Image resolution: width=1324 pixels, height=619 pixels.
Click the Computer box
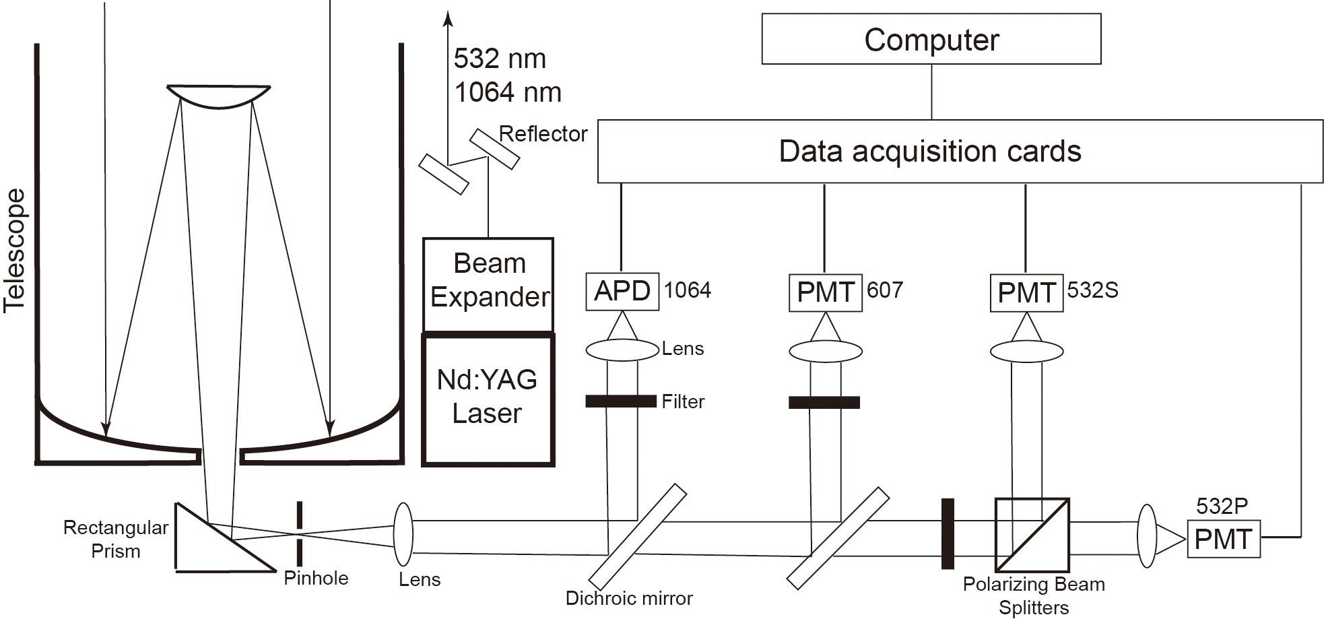[x=931, y=39]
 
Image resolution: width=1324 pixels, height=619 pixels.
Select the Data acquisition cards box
[x=960, y=151]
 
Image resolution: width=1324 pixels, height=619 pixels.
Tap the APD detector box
[x=622, y=292]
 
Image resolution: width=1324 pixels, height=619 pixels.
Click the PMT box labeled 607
[x=825, y=292]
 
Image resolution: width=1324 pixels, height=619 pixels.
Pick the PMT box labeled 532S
[x=1026, y=292]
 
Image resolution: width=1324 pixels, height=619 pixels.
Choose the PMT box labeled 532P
[x=1223, y=539]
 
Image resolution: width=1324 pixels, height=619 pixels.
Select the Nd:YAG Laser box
[x=488, y=398]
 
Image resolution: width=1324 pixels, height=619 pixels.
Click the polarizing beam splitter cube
[x=1032, y=535]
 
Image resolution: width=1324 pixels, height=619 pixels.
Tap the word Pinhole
[x=316, y=579]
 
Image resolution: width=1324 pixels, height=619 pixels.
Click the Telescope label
[x=15, y=251]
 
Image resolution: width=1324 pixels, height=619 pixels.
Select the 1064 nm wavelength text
[x=508, y=92]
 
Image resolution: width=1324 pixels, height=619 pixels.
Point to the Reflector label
[x=543, y=134]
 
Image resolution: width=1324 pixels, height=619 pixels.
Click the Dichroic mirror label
[x=629, y=598]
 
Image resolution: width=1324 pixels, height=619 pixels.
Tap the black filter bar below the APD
[x=620, y=401]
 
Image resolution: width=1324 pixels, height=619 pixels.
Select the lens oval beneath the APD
[x=622, y=350]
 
